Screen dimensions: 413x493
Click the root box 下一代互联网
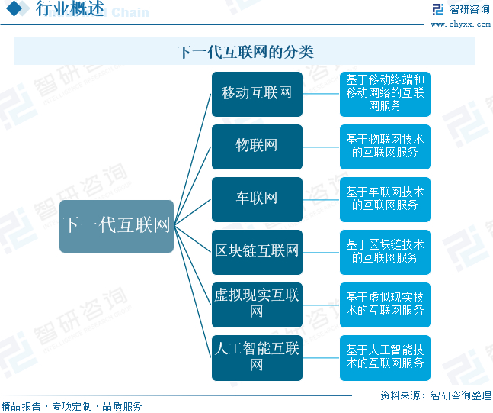point(117,226)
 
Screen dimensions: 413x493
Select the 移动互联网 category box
point(257,94)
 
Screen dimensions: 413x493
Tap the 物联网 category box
point(257,147)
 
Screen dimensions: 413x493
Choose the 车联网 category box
point(257,199)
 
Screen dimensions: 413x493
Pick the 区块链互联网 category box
point(257,251)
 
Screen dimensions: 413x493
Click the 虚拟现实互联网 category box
point(257,304)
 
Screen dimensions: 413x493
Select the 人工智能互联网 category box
point(257,357)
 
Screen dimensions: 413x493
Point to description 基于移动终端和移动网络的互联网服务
point(385,94)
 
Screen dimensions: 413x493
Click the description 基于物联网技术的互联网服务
point(385,147)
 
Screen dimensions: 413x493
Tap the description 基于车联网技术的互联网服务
point(385,199)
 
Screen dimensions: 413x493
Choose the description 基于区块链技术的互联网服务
point(385,251)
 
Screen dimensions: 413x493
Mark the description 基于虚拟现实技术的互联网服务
point(385,304)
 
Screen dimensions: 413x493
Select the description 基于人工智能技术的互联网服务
point(385,357)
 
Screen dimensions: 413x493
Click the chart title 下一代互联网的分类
point(245,52)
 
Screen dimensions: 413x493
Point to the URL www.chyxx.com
point(459,24)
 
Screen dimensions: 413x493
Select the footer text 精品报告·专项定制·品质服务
point(72,406)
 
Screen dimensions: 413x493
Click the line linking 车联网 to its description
point(321,199)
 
